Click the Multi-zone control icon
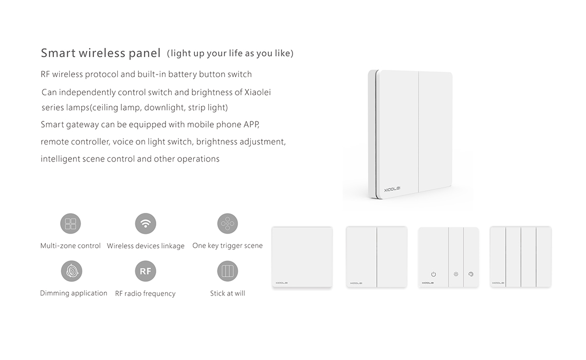pyautogui.click(x=70, y=224)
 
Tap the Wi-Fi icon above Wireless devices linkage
pyautogui.click(x=145, y=224)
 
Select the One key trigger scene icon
pyautogui.click(x=228, y=224)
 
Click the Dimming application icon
pyautogui.click(x=71, y=271)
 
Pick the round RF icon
pyautogui.click(x=145, y=271)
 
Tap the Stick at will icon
pyautogui.click(x=228, y=271)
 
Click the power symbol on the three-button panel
pyautogui.click(x=433, y=274)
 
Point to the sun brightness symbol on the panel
pyautogui.click(x=456, y=274)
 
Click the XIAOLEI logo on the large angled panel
pyautogui.click(x=392, y=190)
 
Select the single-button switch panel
pyautogui.click(x=302, y=257)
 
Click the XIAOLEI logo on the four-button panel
pyautogui.click(x=498, y=283)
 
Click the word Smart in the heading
pyautogui.click(x=58, y=53)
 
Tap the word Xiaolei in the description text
pyautogui.click(x=258, y=92)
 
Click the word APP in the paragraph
pyautogui.click(x=251, y=124)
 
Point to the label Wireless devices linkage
pyautogui.click(x=146, y=246)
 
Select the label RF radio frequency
pyautogui.click(x=145, y=294)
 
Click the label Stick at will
pyautogui.click(x=228, y=294)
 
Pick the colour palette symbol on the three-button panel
pyautogui.click(x=471, y=274)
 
